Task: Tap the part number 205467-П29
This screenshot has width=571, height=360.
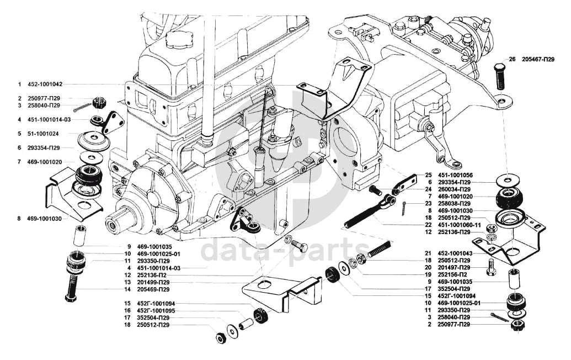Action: click(x=538, y=59)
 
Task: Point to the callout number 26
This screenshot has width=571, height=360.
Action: click(x=512, y=59)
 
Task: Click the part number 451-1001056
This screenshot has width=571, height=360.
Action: click(x=455, y=174)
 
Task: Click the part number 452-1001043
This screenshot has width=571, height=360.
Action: click(x=455, y=253)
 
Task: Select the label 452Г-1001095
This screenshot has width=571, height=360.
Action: click(x=157, y=311)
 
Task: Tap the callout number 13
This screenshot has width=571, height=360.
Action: click(x=127, y=282)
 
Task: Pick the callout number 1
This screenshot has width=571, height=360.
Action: click(x=19, y=84)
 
